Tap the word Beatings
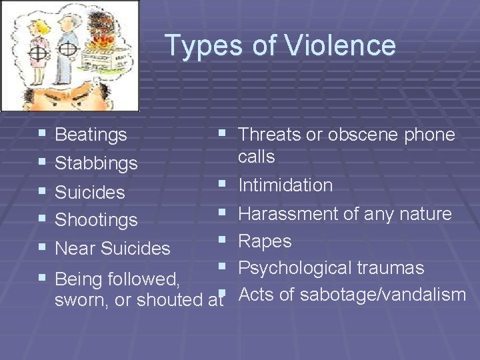[91, 135]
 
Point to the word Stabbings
[96, 163]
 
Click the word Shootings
[96, 219]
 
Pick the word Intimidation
[285, 185]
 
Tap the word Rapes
[265, 241]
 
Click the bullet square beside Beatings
[43, 134]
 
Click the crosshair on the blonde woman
[39, 51]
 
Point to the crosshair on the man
[67, 49]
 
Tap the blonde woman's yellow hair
[39, 27]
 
